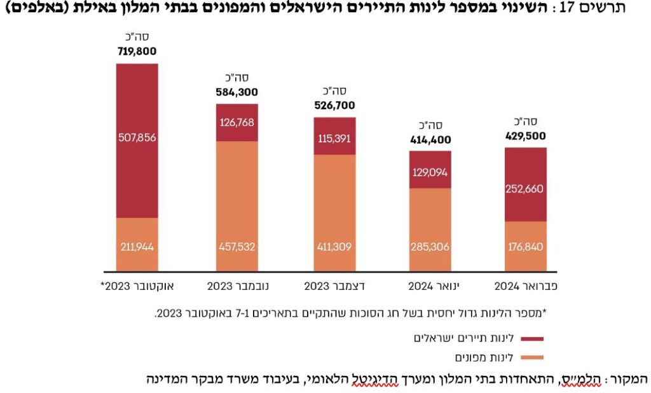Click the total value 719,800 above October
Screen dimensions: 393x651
(x=137, y=52)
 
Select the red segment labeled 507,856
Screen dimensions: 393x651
(x=137, y=140)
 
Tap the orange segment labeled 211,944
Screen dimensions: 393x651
(x=137, y=245)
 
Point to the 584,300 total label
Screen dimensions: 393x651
(x=236, y=92)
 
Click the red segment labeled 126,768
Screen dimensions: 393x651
(x=236, y=122)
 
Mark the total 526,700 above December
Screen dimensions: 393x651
(x=334, y=106)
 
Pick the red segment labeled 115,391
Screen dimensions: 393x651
(x=334, y=136)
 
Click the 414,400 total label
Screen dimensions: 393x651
(x=430, y=139)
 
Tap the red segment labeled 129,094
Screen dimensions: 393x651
(x=430, y=170)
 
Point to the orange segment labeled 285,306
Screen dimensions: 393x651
(x=430, y=229)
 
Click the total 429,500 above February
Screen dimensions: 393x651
(x=525, y=135)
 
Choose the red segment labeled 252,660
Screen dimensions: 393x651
(x=525, y=184)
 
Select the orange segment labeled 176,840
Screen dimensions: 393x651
(x=525, y=246)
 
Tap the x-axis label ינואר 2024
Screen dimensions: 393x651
(x=430, y=286)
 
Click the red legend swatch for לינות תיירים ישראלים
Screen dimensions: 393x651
(x=536, y=339)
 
